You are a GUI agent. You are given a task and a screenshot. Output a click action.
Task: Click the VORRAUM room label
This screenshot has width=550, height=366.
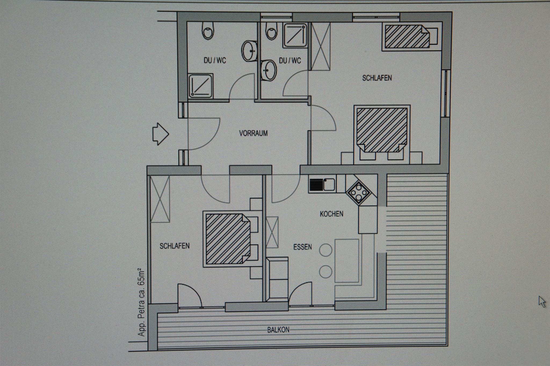[253, 133]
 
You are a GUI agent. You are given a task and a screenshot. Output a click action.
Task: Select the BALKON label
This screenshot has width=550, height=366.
[278, 330]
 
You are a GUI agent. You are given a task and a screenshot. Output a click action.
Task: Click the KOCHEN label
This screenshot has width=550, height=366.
[331, 214]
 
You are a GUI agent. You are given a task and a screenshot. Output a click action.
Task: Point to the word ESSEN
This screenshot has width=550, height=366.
[302, 247]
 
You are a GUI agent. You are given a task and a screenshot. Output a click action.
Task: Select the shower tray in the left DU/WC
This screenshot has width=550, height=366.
[201, 86]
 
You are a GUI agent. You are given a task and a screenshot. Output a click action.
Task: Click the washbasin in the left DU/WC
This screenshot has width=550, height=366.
[250, 51]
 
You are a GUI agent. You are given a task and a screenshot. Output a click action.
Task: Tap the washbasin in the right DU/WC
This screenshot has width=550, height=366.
[268, 70]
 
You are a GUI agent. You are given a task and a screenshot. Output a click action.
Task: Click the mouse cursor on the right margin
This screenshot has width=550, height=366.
[542, 302]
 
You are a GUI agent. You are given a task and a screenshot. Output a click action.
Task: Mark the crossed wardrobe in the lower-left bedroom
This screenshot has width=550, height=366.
[160, 199]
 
